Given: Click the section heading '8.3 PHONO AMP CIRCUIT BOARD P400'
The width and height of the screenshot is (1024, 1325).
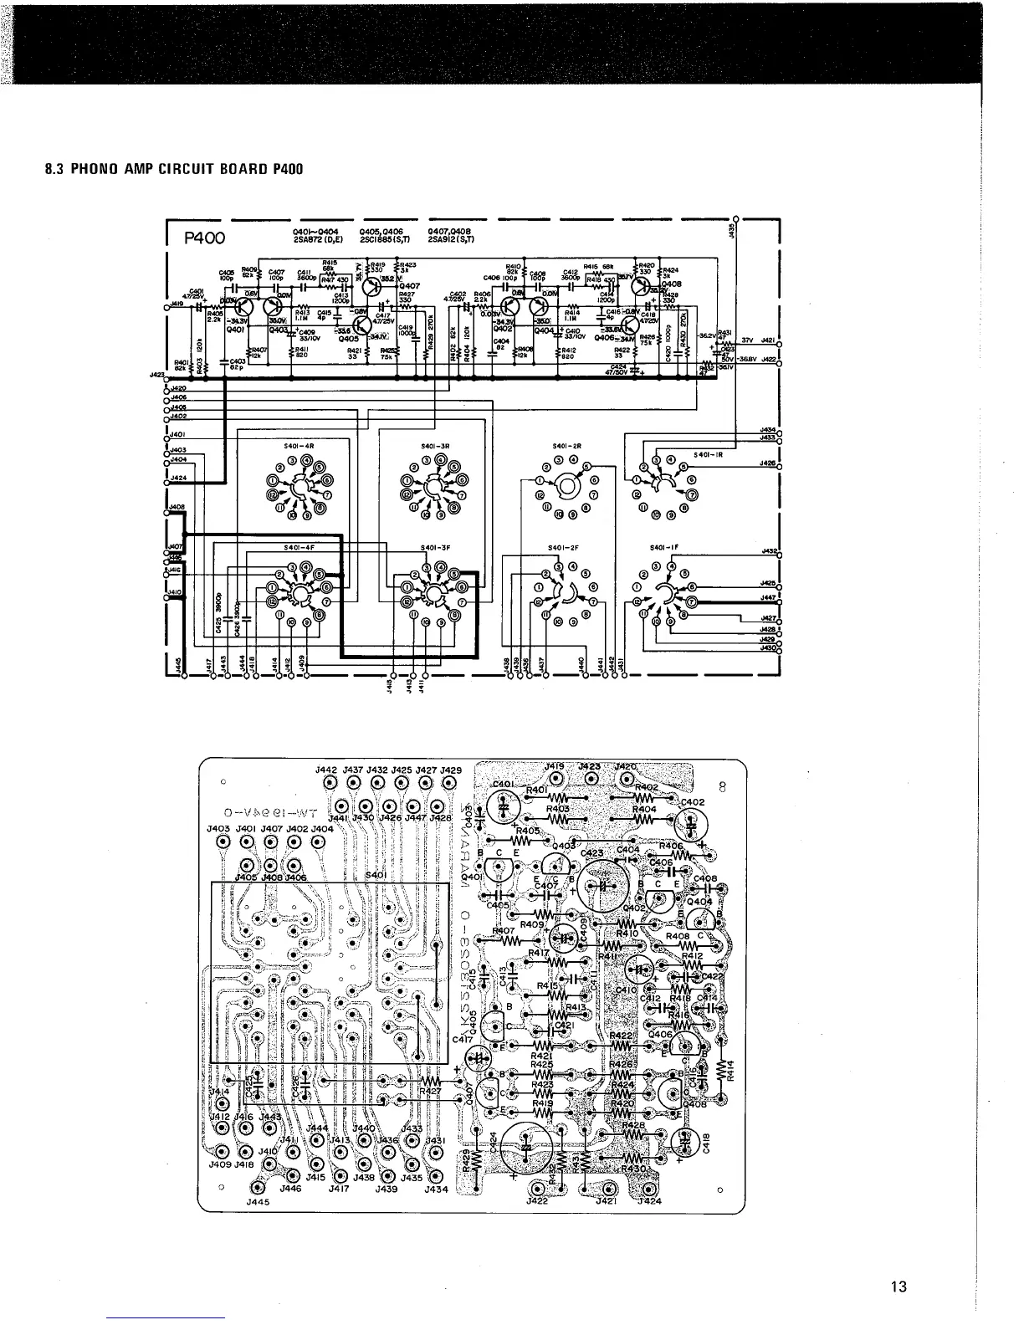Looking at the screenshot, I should pyautogui.click(x=172, y=169).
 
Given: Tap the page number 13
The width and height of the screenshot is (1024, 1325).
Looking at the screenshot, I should pyautogui.click(x=899, y=1287).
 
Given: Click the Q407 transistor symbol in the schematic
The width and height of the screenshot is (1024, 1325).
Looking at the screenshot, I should pyautogui.click(x=373, y=285).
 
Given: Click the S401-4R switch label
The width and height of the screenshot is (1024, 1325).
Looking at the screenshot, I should pyautogui.click(x=298, y=446).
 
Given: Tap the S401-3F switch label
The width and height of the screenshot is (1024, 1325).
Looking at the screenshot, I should pyautogui.click(x=435, y=549).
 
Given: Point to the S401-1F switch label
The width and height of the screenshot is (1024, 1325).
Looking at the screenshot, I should pyautogui.click(x=663, y=549).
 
